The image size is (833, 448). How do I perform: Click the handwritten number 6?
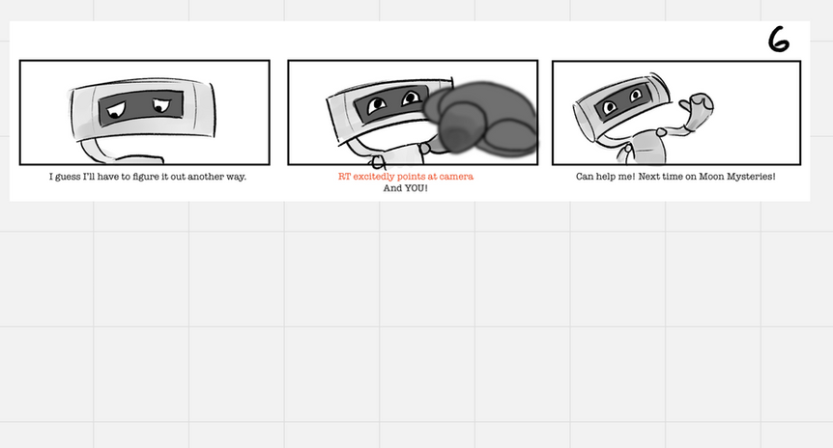pos(779,40)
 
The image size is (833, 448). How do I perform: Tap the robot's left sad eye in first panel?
pos(116,109)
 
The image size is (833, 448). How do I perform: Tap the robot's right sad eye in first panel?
pos(161,105)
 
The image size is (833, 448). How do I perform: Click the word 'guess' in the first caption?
pos(68,177)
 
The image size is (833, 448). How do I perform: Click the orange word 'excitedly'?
pos(374,177)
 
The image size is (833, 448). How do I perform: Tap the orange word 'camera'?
pos(456,177)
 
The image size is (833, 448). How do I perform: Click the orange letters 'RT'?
pos(344,177)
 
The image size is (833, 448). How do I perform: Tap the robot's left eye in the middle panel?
pos(377,104)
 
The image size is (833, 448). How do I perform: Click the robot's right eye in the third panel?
pos(635,96)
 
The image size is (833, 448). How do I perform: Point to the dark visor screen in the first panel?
pos(141,108)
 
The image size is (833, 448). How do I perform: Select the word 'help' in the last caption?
pos(606,177)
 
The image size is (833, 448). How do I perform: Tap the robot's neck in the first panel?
pos(101,151)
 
